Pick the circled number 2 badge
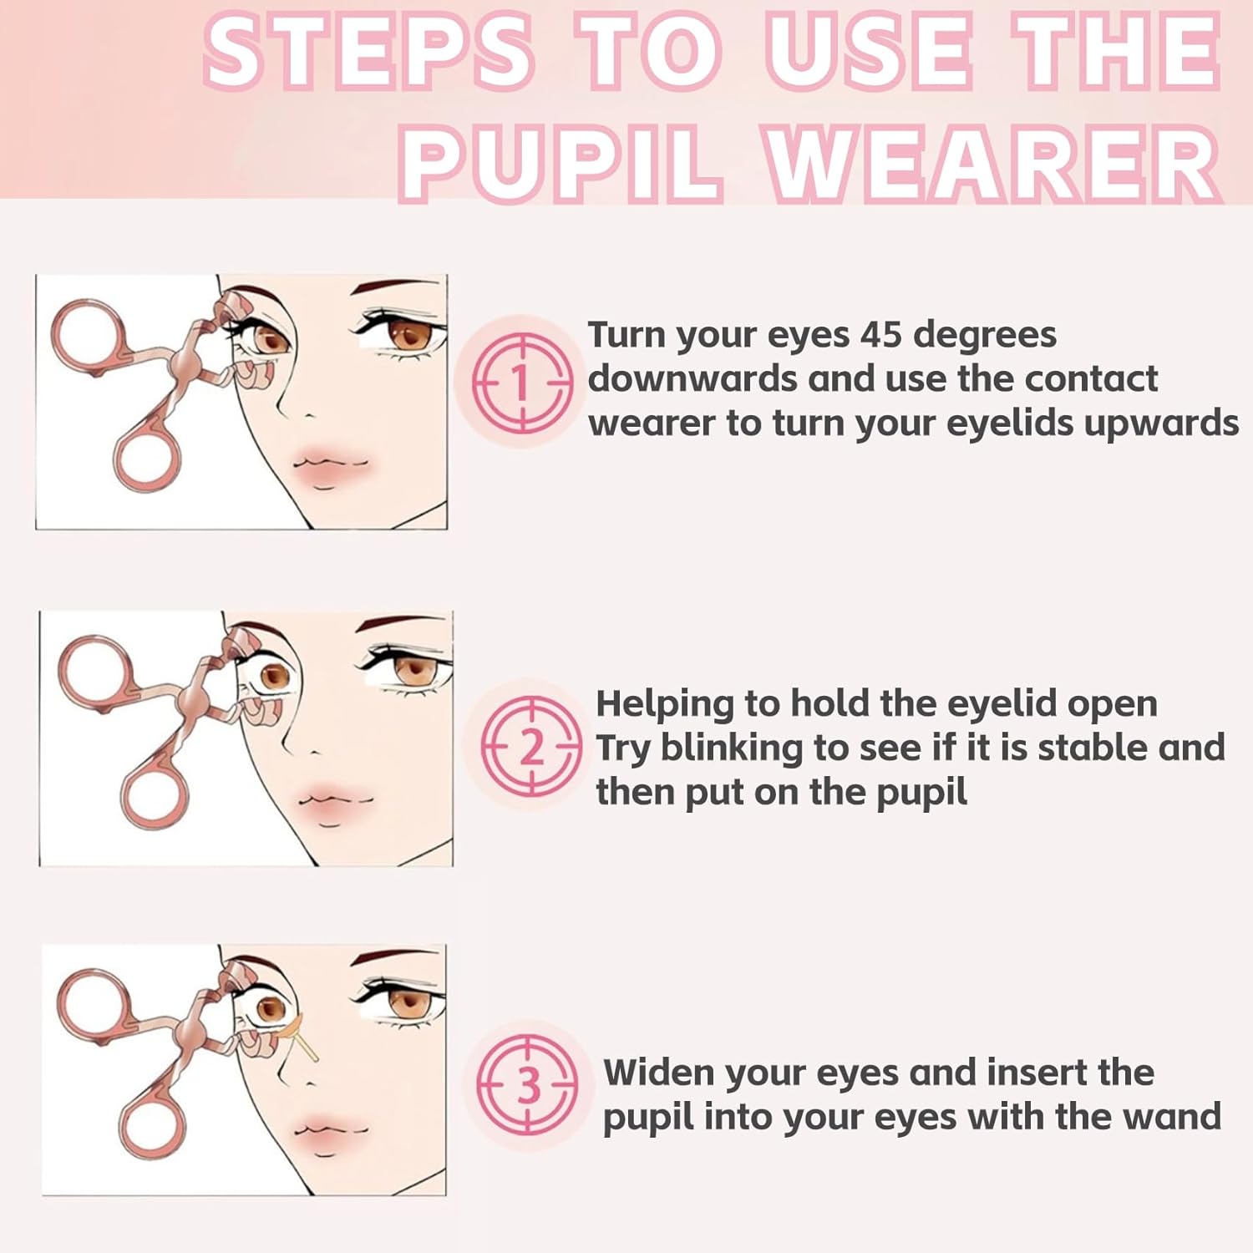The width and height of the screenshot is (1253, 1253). tap(530, 746)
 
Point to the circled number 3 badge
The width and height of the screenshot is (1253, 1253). tap(527, 1084)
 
